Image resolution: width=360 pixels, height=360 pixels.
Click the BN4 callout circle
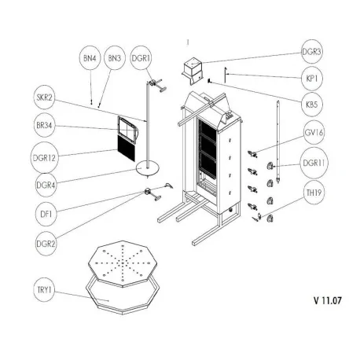[89, 58]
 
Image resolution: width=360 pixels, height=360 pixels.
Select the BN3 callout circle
[115, 58]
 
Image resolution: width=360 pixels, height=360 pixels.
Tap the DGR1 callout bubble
[141, 58]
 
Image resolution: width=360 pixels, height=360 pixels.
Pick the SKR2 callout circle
[45, 99]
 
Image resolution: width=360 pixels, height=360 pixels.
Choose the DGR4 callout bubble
[45, 184]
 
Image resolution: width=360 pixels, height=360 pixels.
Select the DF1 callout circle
[45, 211]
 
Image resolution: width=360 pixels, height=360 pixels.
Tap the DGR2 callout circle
[45, 241]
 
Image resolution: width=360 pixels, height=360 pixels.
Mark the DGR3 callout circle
[314, 52]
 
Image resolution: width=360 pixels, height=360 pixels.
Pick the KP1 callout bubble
[314, 79]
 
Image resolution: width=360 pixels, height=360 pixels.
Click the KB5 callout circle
[314, 105]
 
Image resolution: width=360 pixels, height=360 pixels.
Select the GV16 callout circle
[314, 134]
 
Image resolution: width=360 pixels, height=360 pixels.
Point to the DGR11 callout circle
[314, 163]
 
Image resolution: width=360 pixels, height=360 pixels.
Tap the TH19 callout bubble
[314, 193]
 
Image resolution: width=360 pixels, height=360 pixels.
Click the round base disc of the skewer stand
[145, 167]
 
